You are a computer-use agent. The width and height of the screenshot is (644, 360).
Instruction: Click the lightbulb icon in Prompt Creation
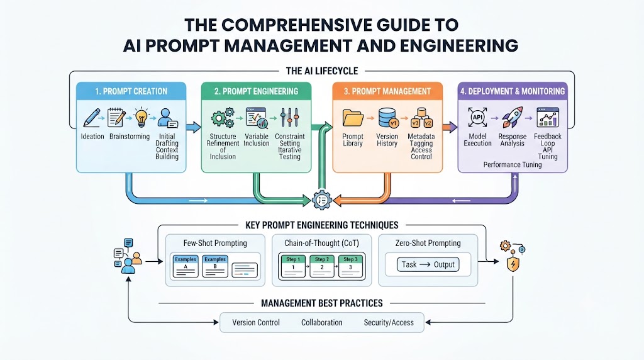point(142,118)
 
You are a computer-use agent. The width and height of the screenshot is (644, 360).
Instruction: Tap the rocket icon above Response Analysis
point(512,117)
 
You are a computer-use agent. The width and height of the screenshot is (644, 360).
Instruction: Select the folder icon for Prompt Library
point(353,118)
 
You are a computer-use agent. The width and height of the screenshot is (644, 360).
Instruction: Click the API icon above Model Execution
point(478,117)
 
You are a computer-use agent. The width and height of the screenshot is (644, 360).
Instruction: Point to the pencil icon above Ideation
point(92,118)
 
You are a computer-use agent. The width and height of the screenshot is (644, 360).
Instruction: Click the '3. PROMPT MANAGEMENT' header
point(387,91)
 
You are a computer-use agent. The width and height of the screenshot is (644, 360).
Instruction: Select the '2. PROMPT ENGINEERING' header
point(257,91)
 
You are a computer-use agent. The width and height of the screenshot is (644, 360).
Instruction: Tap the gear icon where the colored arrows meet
point(321,200)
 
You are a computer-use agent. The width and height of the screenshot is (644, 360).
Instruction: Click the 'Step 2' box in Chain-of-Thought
point(322,266)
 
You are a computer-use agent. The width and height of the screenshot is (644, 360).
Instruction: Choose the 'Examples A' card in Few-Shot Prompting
point(186,266)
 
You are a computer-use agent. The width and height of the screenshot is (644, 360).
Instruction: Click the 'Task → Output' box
point(428,265)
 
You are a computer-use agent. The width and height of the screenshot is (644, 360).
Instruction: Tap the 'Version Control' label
point(256,323)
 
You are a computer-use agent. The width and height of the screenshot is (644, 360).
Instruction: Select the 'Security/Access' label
point(389,323)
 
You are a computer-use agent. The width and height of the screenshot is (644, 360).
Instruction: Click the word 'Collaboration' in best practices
point(321,323)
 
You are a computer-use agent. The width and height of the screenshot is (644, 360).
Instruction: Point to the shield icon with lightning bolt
point(513,264)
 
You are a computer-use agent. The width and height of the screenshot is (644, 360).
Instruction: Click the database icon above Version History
point(387,118)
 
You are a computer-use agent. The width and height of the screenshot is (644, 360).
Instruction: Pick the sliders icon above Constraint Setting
point(289,118)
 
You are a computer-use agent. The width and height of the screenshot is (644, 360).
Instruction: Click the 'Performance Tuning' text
point(512,165)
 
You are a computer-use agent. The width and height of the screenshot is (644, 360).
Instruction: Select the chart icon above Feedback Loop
point(548,117)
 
